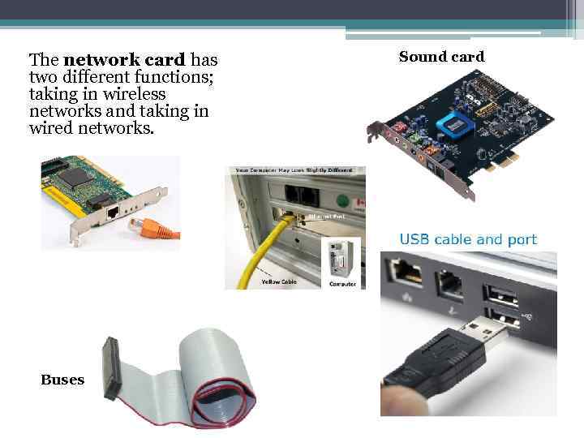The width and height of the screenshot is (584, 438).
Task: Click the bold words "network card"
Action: [x=125, y=60]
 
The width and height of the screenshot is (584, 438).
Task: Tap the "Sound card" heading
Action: [x=441, y=57]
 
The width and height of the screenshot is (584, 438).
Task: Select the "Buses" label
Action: [x=62, y=380]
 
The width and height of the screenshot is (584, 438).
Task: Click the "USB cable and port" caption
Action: [x=468, y=239]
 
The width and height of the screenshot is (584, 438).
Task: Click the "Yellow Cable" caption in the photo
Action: [x=279, y=281]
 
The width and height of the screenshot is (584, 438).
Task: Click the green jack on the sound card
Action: [x=415, y=144]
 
